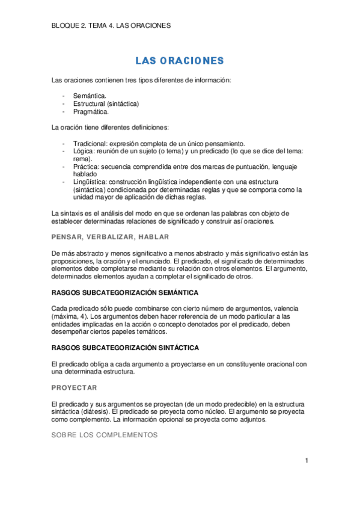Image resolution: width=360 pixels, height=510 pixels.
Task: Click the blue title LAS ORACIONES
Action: tap(179, 61)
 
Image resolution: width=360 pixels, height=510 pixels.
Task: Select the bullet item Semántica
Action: tap(90, 96)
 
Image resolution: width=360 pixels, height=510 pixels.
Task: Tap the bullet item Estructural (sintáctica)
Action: tap(106, 103)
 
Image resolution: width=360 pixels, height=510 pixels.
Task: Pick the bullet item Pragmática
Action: tap(91, 111)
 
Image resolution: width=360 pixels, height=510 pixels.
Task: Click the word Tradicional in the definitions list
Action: tap(89, 143)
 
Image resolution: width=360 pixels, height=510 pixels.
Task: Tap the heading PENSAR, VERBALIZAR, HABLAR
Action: tap(110, 237)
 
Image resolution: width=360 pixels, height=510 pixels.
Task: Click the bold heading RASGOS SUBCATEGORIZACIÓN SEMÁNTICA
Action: tap(125, 292)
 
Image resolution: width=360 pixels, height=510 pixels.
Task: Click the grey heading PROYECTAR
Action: tap(75, 387)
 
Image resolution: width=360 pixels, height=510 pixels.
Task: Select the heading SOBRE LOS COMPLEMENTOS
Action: tap(105, 435)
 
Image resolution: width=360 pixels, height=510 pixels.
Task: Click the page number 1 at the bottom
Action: tap(306, 461)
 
